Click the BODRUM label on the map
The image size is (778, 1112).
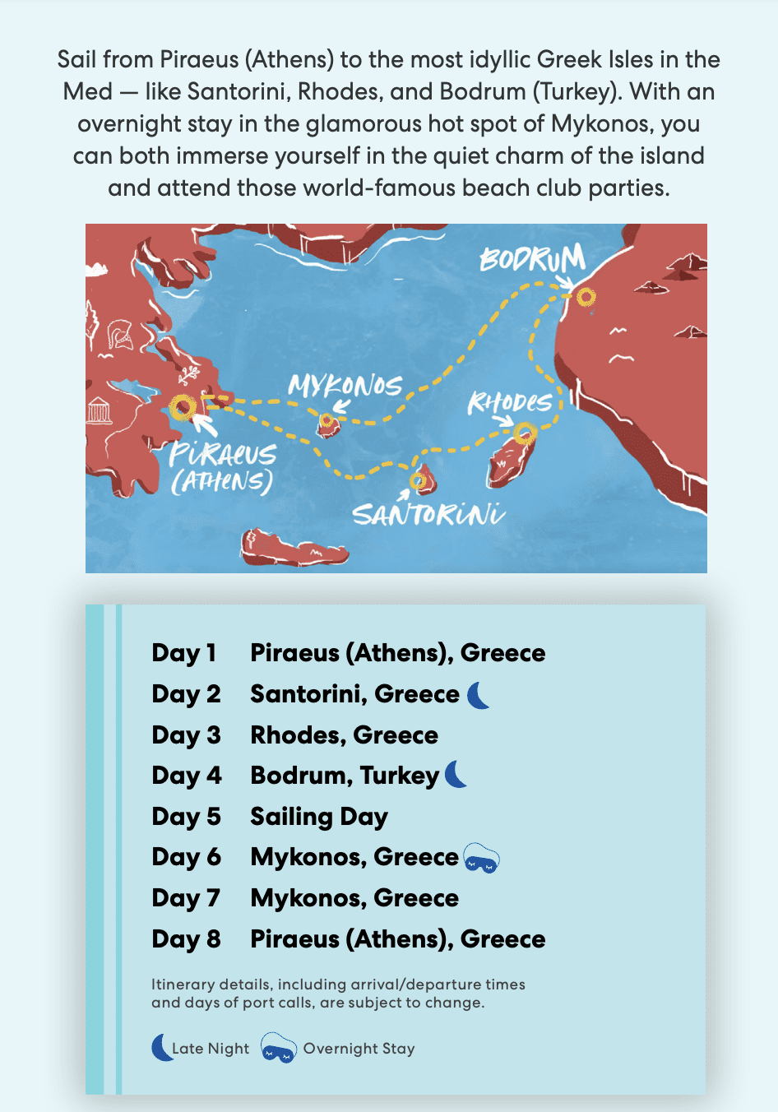click(532, 258)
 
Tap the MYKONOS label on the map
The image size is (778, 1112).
click(345, 386)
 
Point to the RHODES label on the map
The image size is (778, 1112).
click(510, 402)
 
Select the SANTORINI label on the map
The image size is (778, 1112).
click(428, 515)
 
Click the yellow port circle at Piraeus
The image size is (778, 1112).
click(182, 407)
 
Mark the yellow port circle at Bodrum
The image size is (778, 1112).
click(586, 297)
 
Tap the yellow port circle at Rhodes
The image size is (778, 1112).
click(525, 433)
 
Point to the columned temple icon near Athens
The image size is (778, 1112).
click(100, 410)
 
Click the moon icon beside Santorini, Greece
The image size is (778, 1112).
click(479, 695)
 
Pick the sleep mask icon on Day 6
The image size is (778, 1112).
click(481, 859)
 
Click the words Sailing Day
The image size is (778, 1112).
click(319, 817)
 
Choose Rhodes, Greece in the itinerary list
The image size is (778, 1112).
click(344, 735)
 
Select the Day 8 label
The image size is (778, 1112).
click(186, 939)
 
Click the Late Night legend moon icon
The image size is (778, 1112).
click(162, 1048)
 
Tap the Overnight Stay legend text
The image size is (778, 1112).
click(359, 1049)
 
